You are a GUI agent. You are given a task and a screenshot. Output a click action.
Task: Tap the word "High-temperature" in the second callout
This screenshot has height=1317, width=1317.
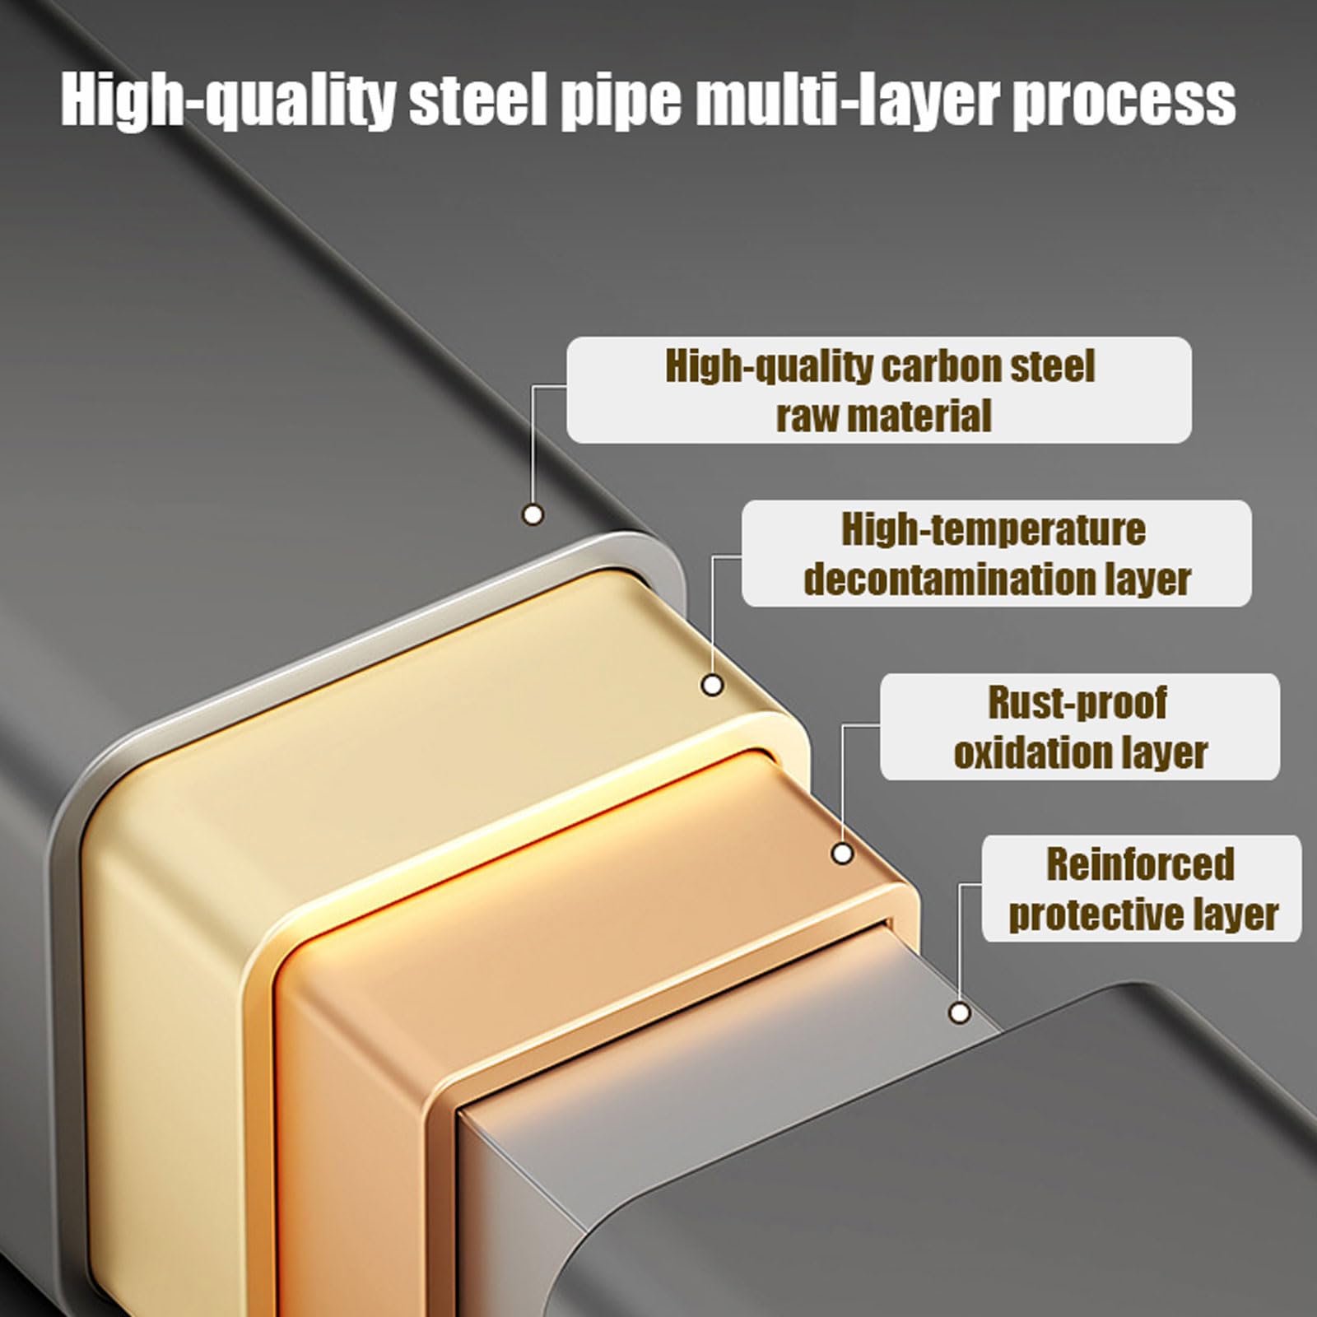coord(994,529)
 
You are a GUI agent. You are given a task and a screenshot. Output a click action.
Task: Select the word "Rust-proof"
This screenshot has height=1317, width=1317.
coord(1077,703)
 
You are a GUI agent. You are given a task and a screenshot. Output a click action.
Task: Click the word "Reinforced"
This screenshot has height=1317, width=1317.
coord(1140,864)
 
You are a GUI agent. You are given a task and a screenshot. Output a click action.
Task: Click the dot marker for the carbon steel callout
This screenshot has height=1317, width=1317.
coord(533,514)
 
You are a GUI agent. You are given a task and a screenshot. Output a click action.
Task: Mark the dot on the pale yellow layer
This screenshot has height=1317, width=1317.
coord(712,684)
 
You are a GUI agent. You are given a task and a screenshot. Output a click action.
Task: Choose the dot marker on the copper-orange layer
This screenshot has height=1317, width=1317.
coord(842,854)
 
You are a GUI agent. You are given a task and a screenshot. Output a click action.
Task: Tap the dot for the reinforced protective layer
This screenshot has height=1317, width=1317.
coord(960,1012)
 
